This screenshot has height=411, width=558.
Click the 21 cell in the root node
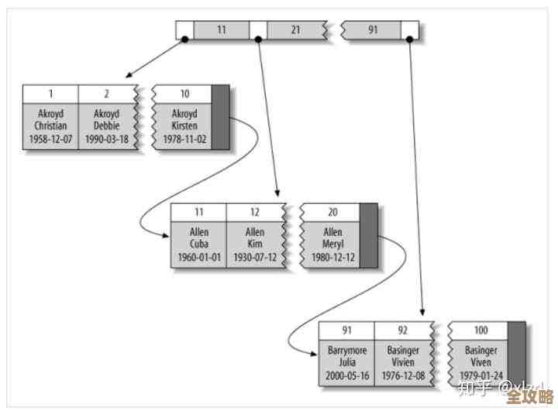tap(295, 30)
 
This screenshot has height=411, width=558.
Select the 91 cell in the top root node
tap(373, 30)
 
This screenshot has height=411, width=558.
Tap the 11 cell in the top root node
tap(222, 30)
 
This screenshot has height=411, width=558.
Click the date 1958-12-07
tap(51, 139)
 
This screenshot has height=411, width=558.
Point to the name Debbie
tap(107, 125)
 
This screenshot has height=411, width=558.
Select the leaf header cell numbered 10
tap(184, 94)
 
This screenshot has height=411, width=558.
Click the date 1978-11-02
tap(184, 139)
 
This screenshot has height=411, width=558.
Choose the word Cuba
tap(199, 244)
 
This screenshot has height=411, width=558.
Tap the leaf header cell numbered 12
tap(255, 211)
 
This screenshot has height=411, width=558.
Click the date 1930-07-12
tap(255, 257)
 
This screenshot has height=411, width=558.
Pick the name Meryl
tap(332, 244)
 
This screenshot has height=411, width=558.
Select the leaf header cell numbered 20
tap(332, 211)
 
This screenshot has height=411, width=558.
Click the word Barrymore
tap(347, 350)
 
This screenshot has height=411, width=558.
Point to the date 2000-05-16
tap(347, 376)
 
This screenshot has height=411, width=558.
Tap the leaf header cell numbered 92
tap(402, 330)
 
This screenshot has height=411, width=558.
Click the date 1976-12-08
tap(402, 376)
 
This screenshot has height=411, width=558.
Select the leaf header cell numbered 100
tap(480, 330)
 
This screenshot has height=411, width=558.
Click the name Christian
tap(51, 125)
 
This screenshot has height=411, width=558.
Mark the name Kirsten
tap(184, 125)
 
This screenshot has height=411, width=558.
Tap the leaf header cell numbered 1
tap(51, 94)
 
